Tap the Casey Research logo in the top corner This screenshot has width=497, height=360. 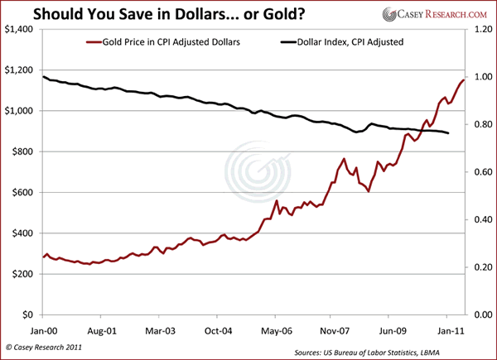tap(430, 14)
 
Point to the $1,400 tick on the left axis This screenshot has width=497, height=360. tap(19, 30)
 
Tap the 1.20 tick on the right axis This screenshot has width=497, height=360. tap(483, 30)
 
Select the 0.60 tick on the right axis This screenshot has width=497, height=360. tap(483, 172)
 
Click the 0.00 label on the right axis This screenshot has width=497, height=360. tap(483, 315)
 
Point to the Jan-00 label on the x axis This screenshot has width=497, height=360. tap(44, 328)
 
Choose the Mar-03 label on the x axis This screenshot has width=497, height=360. tap(159, 328)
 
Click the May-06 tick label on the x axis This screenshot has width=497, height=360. tap(274, 328)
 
